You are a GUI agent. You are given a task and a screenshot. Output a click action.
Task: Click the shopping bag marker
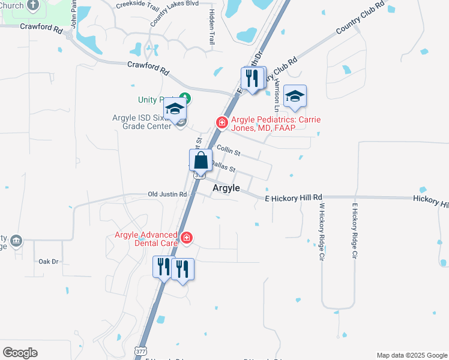click(x=201, y=161)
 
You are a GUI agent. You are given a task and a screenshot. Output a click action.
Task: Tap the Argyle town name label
click(x=226, y=188)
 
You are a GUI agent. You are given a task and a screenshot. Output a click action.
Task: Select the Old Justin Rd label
click(x=167, y=194)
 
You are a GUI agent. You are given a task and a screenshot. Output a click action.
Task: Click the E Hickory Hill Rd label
click(x=294, y=197)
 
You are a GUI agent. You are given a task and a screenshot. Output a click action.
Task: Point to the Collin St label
click(x=228, y=149)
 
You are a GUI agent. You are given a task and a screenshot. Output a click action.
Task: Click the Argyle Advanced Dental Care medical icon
click(x=187, y=238)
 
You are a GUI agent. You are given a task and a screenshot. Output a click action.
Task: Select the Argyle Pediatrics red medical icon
click(x=221, y=122)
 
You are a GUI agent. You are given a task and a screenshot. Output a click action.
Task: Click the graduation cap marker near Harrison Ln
click(x=295, y=97)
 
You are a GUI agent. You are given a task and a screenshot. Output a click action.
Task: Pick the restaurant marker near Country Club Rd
click(x=252, y=78)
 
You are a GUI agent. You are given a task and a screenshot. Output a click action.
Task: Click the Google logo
click(x=20, y=353)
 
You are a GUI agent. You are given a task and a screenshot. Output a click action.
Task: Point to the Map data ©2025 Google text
click(x=412, y=355)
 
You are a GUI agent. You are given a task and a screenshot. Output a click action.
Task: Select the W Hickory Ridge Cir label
click(x=322, y=231)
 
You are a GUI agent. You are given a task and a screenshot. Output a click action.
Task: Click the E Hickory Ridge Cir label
click(x=355, y=231)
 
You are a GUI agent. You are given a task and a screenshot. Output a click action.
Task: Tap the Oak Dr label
click(x=48, y=262)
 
